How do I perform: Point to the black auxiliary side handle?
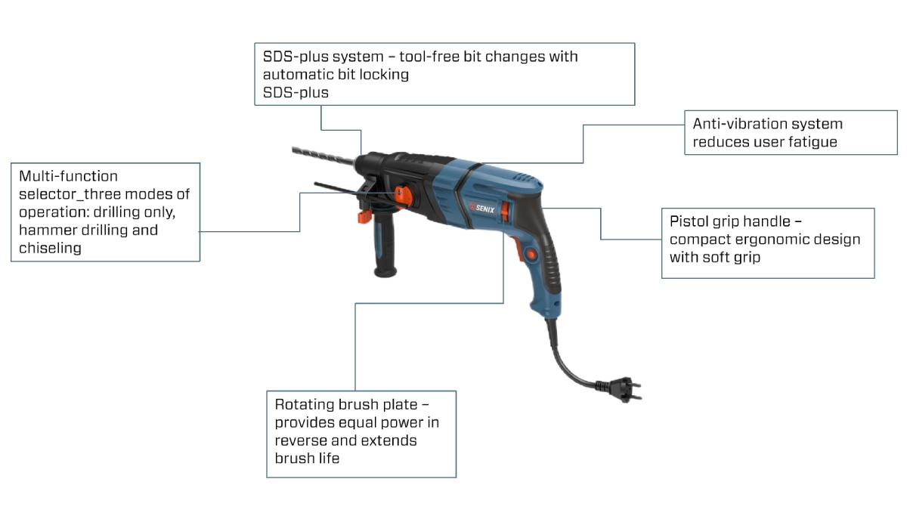tap(385, 249)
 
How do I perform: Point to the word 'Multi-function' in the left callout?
tap(69, 176)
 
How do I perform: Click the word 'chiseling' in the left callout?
tap(50, 247)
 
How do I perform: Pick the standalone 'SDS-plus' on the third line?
tap(296, 92)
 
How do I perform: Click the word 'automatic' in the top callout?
tap(298, 74)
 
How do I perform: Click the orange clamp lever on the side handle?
tap(363, 217)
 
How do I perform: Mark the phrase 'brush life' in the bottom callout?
tap(307, 458)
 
